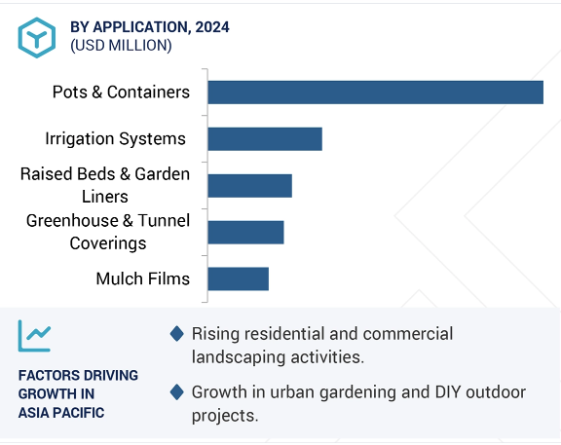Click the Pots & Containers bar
[375, 93]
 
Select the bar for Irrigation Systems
[265, 139]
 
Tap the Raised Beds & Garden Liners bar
[249, 186]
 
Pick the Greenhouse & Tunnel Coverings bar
[245, 233]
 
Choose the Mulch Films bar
[239, 279]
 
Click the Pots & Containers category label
[121, 92]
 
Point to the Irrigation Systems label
[115, 139]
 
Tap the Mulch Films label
[143, 278]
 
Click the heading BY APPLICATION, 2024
[150, 27]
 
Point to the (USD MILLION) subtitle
[121, 46]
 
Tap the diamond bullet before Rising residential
[176, 334]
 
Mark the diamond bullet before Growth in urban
[176, 392]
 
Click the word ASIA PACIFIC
[61, 413]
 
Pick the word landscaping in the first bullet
[239, 357]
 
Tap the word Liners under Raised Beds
[105, 197]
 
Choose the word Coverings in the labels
[108, 244]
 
